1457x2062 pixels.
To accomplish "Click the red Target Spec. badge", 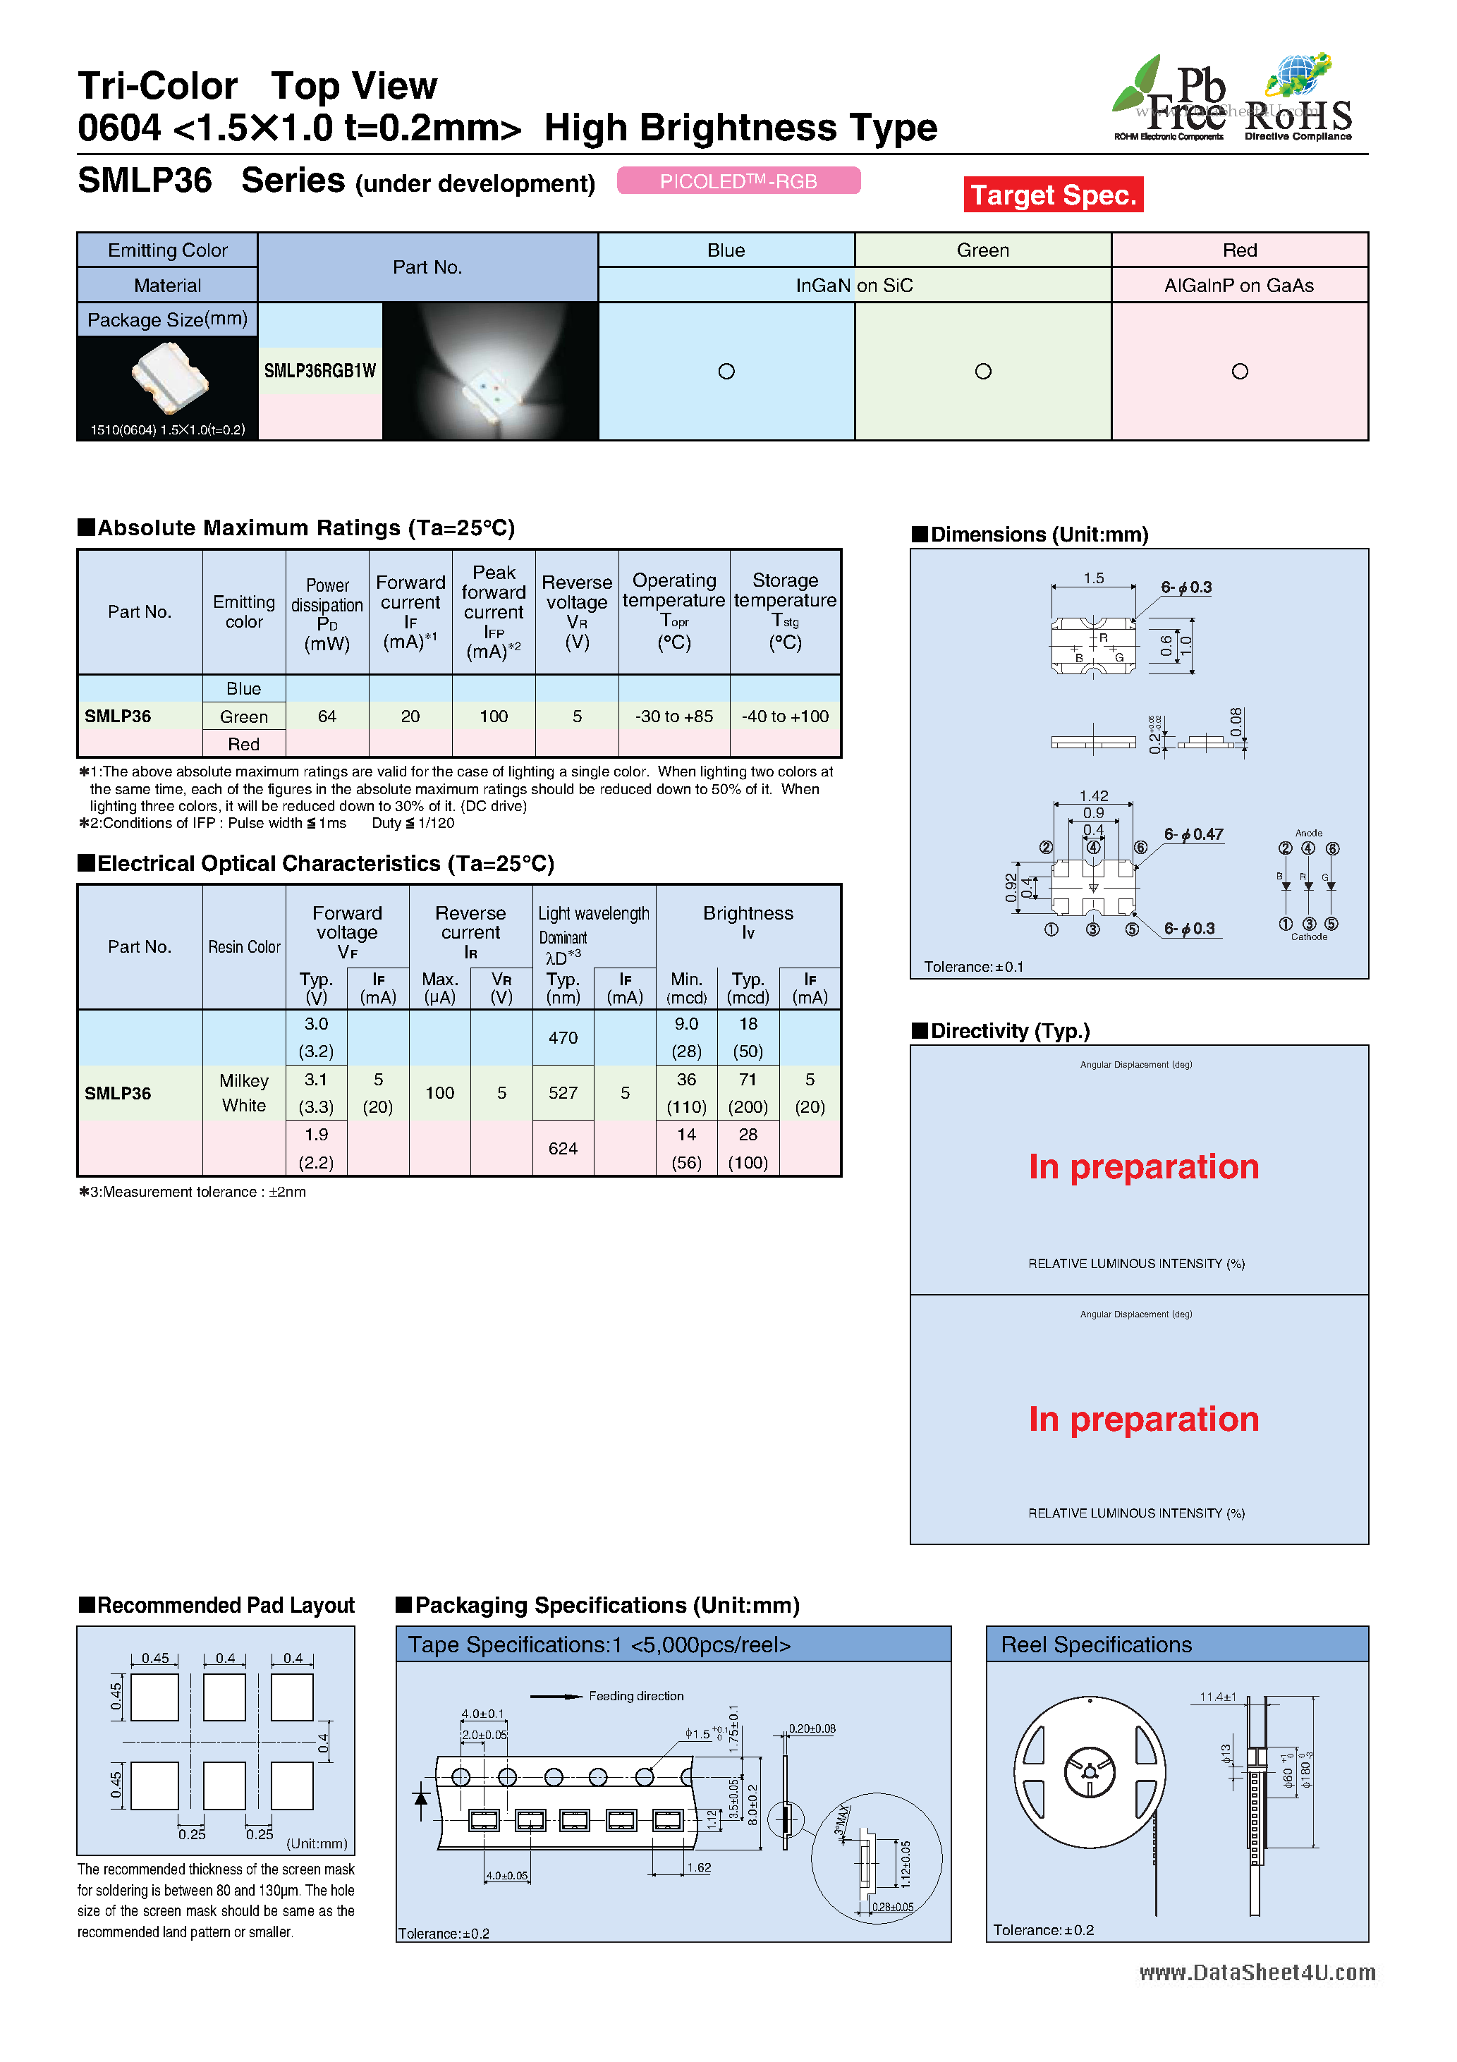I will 1053,195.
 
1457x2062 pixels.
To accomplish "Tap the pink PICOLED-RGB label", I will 738,181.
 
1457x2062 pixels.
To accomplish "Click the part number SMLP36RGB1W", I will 319,371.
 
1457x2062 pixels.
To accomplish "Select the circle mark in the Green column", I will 982,372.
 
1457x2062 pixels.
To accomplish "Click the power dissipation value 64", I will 327,716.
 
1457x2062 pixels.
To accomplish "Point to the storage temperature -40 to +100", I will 785,716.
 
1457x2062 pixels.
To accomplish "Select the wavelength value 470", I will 563,1038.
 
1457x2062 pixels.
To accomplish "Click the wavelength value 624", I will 563,1149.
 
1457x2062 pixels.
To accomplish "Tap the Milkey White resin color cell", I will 244,1093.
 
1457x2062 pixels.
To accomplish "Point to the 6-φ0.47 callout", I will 1194,835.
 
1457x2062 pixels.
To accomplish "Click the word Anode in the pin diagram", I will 1309,834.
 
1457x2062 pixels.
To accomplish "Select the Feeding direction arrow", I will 557,1697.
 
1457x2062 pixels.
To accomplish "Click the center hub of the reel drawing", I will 1090,1772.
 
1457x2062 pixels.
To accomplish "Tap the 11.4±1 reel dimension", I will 1218,1697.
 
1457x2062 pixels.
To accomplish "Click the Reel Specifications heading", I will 1096,1645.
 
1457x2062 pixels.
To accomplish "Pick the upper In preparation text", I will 1143,1166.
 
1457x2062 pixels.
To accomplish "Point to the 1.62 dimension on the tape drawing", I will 699,1868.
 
